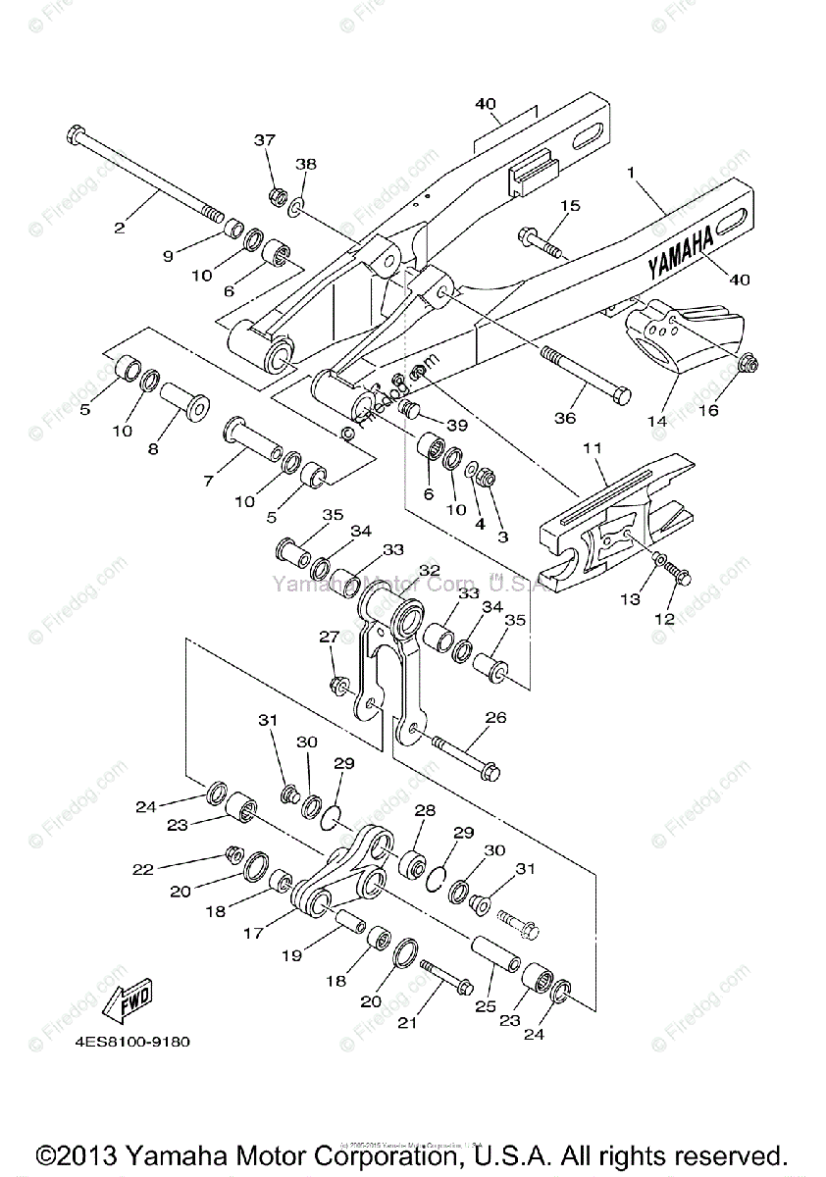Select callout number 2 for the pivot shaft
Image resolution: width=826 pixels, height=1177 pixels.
[120, 228]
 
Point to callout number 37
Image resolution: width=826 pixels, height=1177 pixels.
[266, 140]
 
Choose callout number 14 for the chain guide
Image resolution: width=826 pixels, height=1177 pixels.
[656, 420]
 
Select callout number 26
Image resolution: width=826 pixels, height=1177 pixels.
[495, 718]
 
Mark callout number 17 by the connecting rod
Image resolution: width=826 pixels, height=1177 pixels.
[253, 934]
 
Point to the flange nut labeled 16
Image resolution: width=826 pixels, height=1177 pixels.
[746, 367]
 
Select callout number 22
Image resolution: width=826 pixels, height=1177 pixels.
[144, 868]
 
